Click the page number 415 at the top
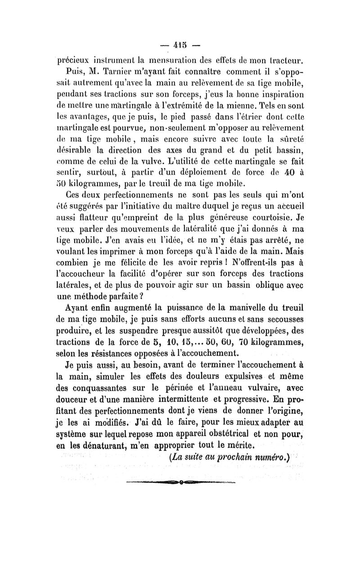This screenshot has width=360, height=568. point(180,45)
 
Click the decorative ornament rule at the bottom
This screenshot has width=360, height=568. point(180,482)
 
